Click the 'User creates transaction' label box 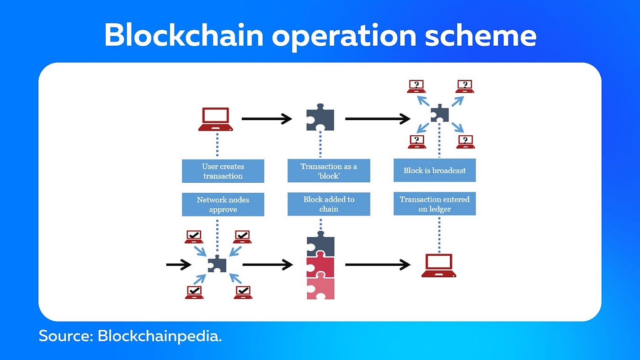[x=223, y=171]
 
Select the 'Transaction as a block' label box [x=329, y=171]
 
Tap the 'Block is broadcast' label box [x=434, y=170]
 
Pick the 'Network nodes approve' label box [x=223, y=204]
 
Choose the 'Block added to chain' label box [x=329, y=204]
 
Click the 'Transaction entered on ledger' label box [x=434, y=204]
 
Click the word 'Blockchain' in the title [x=183, y=35]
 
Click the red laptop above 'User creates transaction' [x=215, y=119]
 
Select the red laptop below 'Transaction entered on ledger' [x=439, y=265]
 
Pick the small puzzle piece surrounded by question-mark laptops [x=440, y=113]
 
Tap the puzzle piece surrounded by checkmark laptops [x=217, y=264]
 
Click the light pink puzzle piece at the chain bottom [x=320, y=289]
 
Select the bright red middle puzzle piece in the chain [x=320, y=267]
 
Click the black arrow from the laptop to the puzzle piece [x=267, y=119]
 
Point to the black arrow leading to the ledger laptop [x=378, y=265]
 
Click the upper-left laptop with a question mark [x=416, y=86]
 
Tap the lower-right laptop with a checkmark [x=243, y=292]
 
